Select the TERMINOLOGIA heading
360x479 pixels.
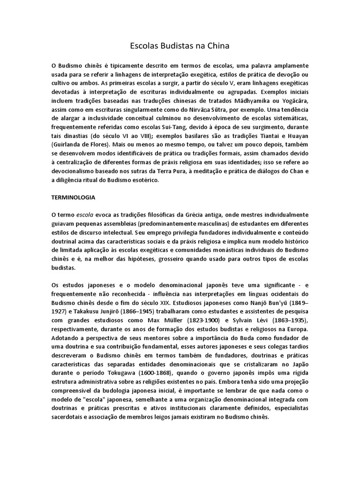(73, 197)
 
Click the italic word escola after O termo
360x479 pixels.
(85, 215)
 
